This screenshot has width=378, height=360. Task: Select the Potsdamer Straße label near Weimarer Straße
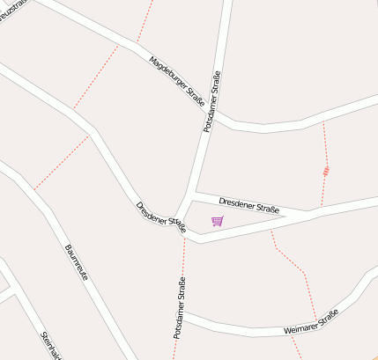click(180, 308)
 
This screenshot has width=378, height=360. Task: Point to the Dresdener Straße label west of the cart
click(161, 217)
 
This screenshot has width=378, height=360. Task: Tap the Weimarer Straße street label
click(312, 323)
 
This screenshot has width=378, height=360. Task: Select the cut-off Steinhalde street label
click(51, 346)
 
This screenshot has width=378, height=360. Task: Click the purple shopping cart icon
click(218, 221)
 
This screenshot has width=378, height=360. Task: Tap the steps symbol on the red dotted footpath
click(327, 171)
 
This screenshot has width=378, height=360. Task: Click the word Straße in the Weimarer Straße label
click(326, 318)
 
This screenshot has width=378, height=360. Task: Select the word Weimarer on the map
click(299, 327)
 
